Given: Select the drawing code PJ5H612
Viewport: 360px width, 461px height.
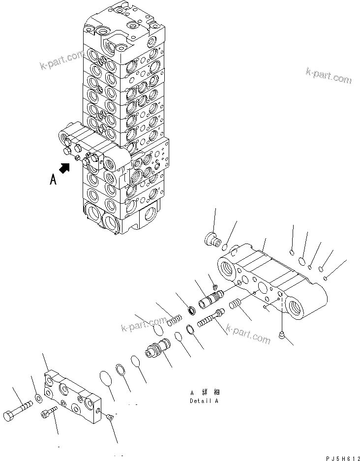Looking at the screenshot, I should click(x=336, y=457).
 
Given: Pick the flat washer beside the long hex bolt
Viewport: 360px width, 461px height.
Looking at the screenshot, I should click(x=38, y=397).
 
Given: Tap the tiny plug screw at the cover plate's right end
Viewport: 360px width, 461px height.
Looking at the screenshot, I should click(x=109, y=417).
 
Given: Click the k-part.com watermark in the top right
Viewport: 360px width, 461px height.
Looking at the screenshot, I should click(x=329, y=75).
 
